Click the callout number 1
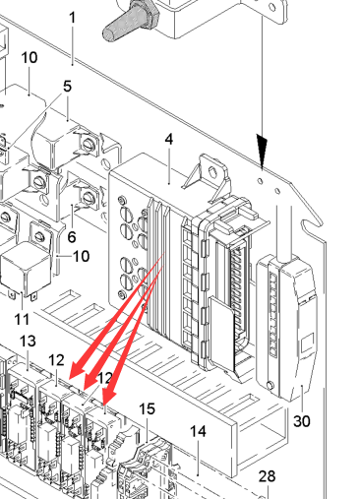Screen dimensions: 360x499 73,18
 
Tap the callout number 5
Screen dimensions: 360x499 67,87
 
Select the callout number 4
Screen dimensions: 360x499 168,140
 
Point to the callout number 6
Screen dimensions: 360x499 72,237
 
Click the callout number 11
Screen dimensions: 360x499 22,319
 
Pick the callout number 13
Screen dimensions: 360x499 28,342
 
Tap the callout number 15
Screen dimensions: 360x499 147,409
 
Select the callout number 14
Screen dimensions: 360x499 199,431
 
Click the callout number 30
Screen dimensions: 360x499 302,421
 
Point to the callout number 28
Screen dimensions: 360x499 267,476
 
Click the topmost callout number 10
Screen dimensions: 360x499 30,58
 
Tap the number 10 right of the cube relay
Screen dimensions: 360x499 81,256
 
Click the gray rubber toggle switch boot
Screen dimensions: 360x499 131,21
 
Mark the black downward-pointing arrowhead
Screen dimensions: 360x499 262,151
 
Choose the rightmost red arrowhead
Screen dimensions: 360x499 109,397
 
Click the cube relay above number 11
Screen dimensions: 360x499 27,269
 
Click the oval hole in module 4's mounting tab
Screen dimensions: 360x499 212,171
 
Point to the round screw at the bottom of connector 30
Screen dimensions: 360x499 270,385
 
